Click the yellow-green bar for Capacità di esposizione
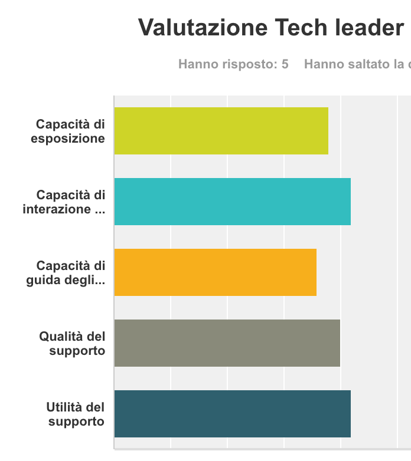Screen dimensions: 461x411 point(221,131)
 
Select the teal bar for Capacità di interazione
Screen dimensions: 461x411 point(232,202)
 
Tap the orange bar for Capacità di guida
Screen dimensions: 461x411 point(215,272)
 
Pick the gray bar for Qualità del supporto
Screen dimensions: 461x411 point(227,343)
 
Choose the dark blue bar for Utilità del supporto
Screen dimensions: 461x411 point(232,414)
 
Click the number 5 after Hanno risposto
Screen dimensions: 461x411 point(285,64)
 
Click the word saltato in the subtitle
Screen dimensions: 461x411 point(364,64)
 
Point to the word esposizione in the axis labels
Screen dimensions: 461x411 point(68,139)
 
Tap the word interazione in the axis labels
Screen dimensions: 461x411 point(57,209)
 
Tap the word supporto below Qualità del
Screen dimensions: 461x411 point(76,351)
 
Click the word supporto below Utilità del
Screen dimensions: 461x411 point(76,422)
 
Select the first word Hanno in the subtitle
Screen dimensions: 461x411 point(197,64)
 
